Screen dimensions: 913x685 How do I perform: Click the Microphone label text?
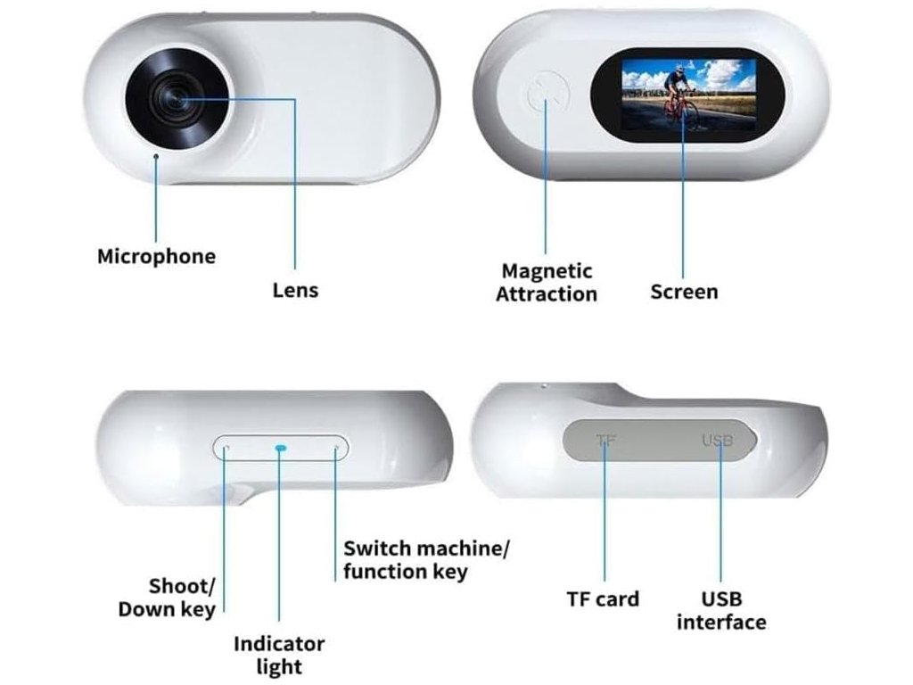(156, 257)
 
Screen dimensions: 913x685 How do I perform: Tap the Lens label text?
(294, 291)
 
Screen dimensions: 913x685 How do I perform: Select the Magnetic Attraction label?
(546, 282)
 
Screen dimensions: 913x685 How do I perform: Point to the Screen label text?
(684, 292)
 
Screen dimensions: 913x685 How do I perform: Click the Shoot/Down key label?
(167, 598)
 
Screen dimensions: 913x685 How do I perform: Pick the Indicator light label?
(279, 655)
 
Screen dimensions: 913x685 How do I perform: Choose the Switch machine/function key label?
(426, 559)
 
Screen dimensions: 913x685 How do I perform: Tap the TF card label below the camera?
(603, 598)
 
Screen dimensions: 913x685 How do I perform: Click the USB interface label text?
(720, 610)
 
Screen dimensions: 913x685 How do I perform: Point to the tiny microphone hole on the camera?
(157, 156)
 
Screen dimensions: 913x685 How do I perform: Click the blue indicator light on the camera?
(280, 448)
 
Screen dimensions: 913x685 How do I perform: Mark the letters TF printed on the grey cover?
(606, 440)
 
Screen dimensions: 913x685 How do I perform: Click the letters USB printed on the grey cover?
(717, 440)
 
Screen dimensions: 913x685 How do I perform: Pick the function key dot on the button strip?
(336, 448)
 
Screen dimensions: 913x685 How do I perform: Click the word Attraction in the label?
(546, 293)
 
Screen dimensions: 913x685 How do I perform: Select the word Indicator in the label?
(279, 644)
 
